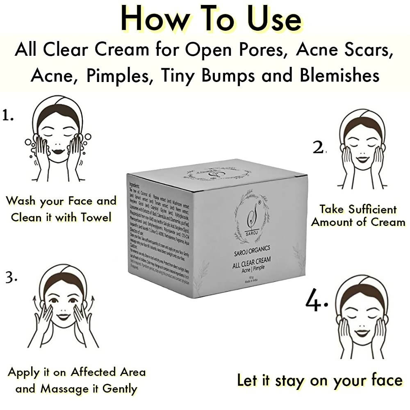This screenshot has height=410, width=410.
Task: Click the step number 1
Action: (7, 116)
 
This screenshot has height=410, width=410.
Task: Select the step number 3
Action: (10, 278)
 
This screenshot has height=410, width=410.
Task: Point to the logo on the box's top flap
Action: (213, 172)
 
